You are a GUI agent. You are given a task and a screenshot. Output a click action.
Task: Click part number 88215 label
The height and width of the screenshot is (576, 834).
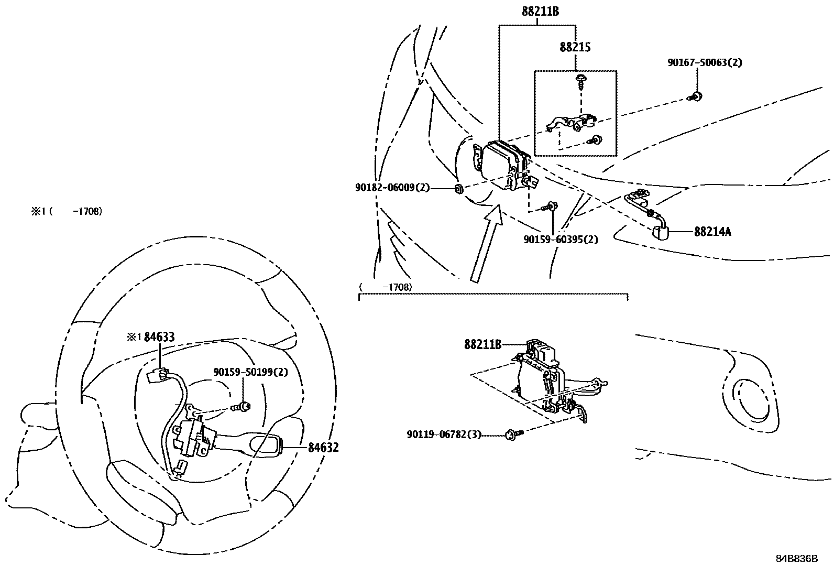pyautogui.click(x=575, y=47)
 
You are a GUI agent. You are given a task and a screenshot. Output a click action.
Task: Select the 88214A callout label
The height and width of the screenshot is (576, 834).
pyautogui.click(x=712, y=231)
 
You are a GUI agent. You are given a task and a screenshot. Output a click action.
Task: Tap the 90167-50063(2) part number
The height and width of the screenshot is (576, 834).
pyautogui.click(x=705, y=62)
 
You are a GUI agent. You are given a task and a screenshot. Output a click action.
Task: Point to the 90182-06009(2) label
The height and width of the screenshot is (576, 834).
pyautogui.click(x=392, y=187)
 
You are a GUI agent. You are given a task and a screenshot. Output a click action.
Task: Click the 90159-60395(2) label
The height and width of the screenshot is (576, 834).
pyautogui.click(x=561, y=240)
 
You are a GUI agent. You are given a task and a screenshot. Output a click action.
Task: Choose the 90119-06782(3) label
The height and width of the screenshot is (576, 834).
pyautogui.click(x=444, y=434)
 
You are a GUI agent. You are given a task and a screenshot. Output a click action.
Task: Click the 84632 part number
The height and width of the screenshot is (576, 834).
pyautogui.click(x=323, y=448)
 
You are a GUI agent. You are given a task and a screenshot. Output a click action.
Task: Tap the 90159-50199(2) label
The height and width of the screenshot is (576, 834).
pyautogui.click(x=250, y=372)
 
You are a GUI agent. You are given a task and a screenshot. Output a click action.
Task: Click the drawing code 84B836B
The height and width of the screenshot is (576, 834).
pyautogui.click(x=796, y=558)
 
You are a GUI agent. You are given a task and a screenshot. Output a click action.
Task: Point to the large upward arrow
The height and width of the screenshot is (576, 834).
pyautogui.click(x=485, y=244)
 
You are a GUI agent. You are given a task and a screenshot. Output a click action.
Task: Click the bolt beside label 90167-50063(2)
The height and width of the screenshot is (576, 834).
pyautogui.click(x=697, y=96)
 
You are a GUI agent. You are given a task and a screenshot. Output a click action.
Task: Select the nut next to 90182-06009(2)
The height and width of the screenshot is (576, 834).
pyautogui.click(x=458, y=189)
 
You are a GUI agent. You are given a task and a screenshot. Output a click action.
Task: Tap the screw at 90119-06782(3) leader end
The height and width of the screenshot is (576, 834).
pyautogui.click(x=512, y=434)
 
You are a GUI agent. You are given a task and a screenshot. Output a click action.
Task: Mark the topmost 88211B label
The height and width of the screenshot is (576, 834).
pyautogui.click(x=540, y=11)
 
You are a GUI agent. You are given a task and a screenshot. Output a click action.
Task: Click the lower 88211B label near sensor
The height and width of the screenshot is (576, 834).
pyautogui.click(x=482, y=344)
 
